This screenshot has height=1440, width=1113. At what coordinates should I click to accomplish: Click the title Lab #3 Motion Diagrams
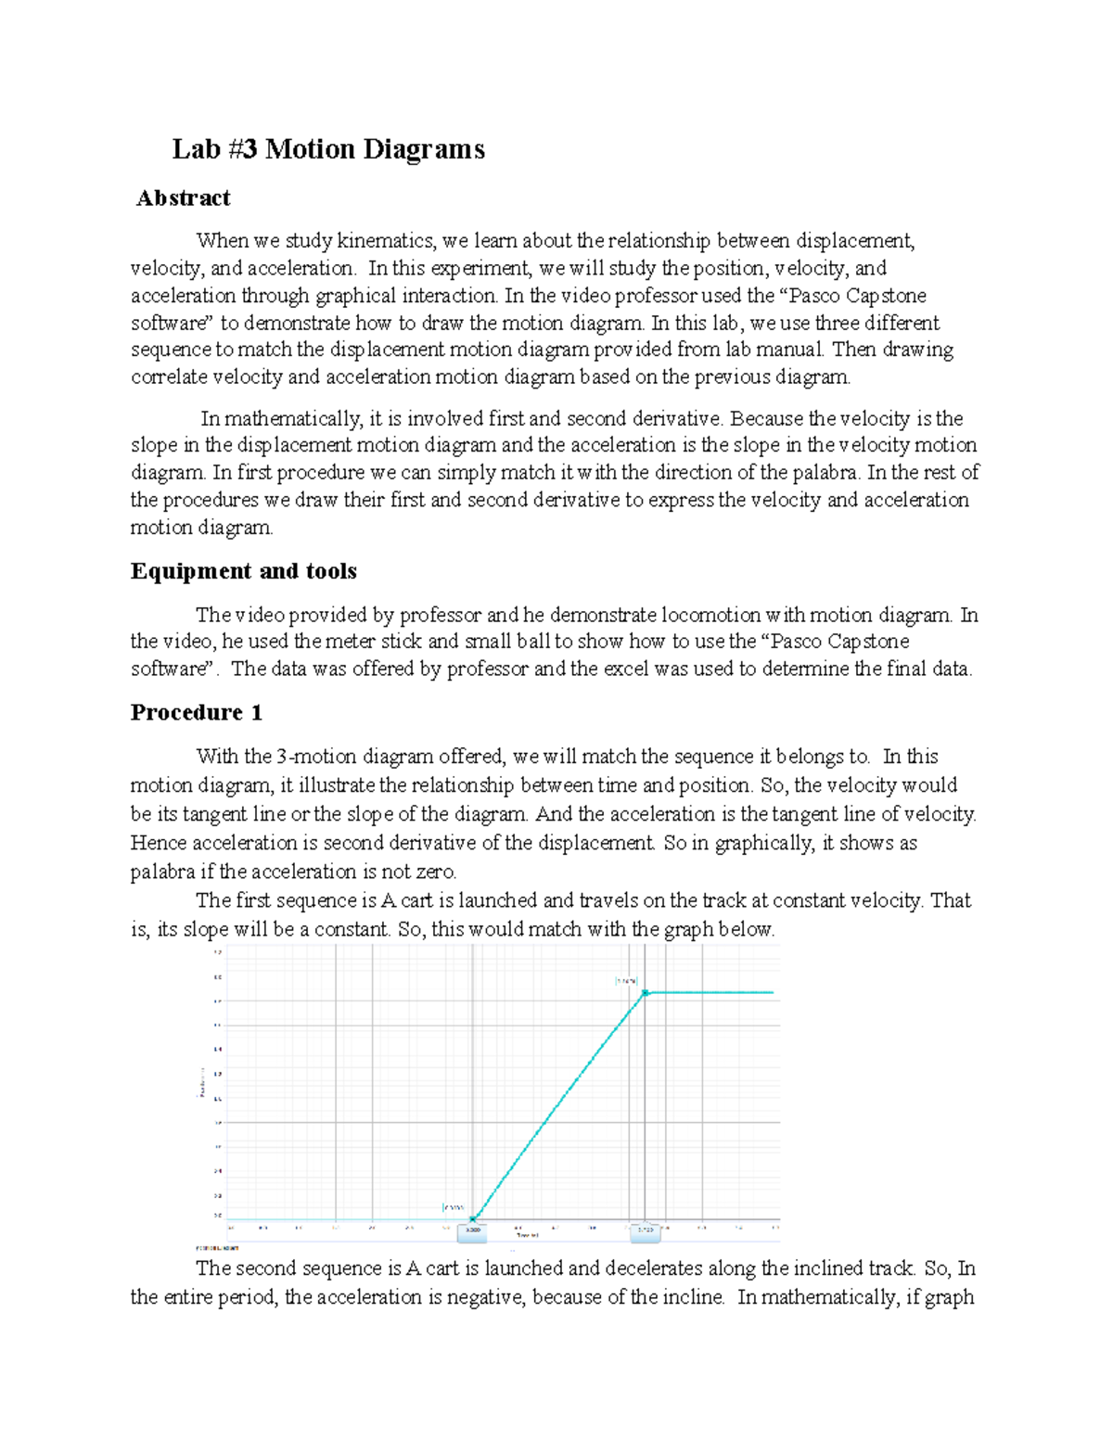[328, 149]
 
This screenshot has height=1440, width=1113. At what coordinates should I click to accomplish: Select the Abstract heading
[184, 198]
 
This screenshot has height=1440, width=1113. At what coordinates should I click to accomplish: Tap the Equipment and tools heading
[244, 571]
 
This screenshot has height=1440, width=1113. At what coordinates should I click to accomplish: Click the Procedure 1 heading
[197, 713]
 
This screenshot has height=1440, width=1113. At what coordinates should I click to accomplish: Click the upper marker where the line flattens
[646, 993]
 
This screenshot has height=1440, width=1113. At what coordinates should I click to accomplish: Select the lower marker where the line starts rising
[473, 1218]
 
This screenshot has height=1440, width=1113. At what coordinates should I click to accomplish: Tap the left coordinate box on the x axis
[473, 1231]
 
